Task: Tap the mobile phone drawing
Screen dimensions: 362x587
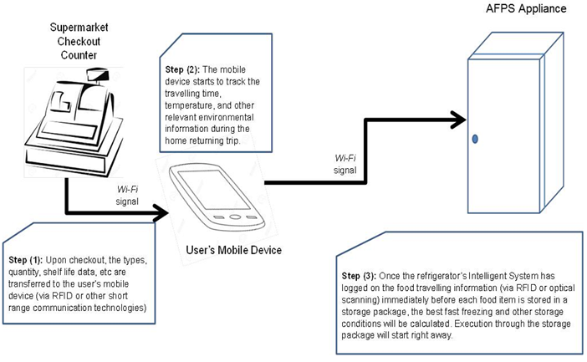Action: point(212,199)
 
